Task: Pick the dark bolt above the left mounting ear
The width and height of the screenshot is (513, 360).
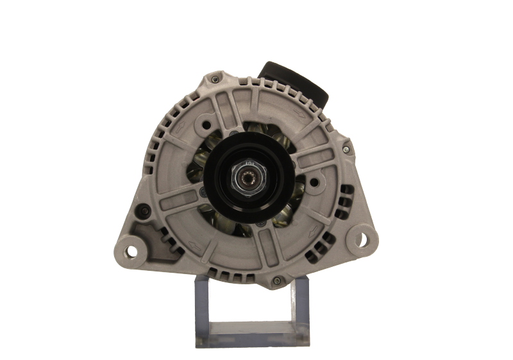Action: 146,211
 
